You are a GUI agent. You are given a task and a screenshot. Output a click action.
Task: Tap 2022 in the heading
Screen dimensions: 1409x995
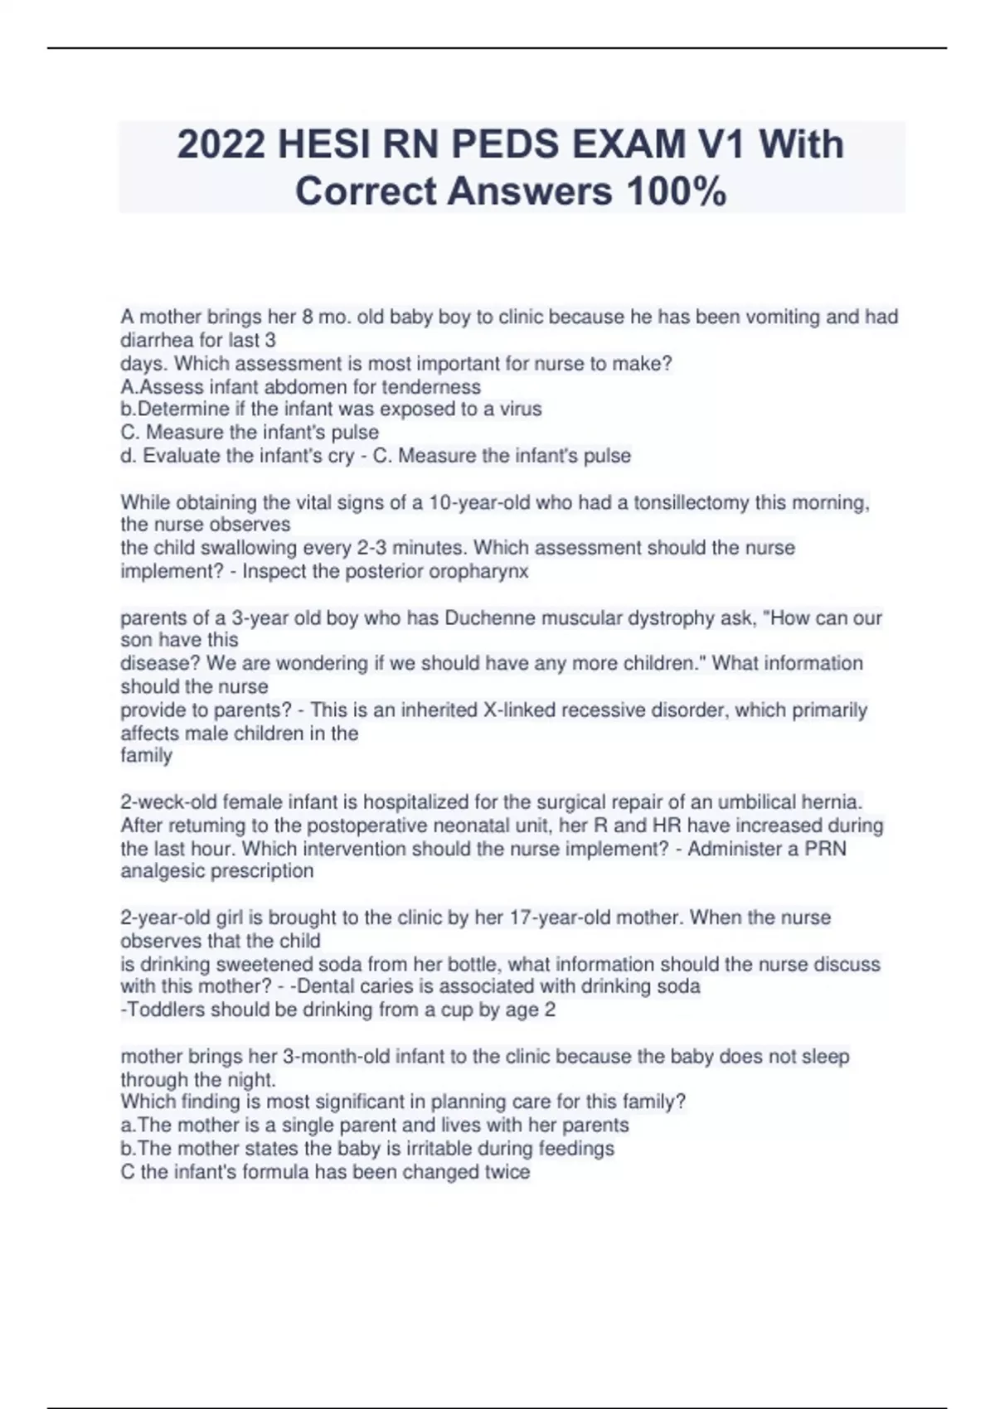tap(221, 144)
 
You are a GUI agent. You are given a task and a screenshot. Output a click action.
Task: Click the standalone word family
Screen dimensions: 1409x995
tap(147, 756)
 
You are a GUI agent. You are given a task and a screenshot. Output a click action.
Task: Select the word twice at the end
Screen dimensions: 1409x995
tap(507, 1172)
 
